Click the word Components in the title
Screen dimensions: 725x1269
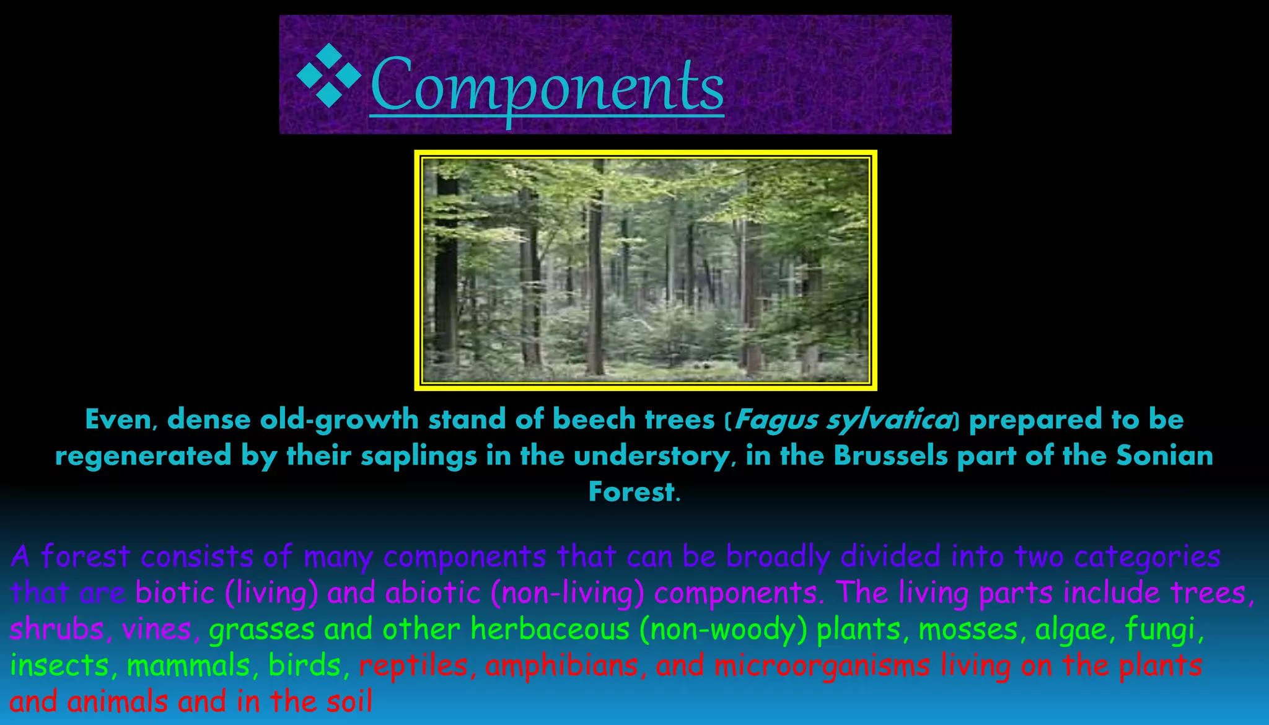click(547, 84)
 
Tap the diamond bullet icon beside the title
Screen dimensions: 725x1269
click(328, 76)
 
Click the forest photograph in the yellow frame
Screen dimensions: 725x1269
click(645, 270)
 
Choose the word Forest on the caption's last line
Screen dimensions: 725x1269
click(631, 492)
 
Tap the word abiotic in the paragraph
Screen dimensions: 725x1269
click(433, 593)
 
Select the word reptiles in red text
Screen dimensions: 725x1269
click(413, 666)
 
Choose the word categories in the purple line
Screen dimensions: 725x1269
click(1147, 557)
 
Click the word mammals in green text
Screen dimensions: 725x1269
click(188, 666)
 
